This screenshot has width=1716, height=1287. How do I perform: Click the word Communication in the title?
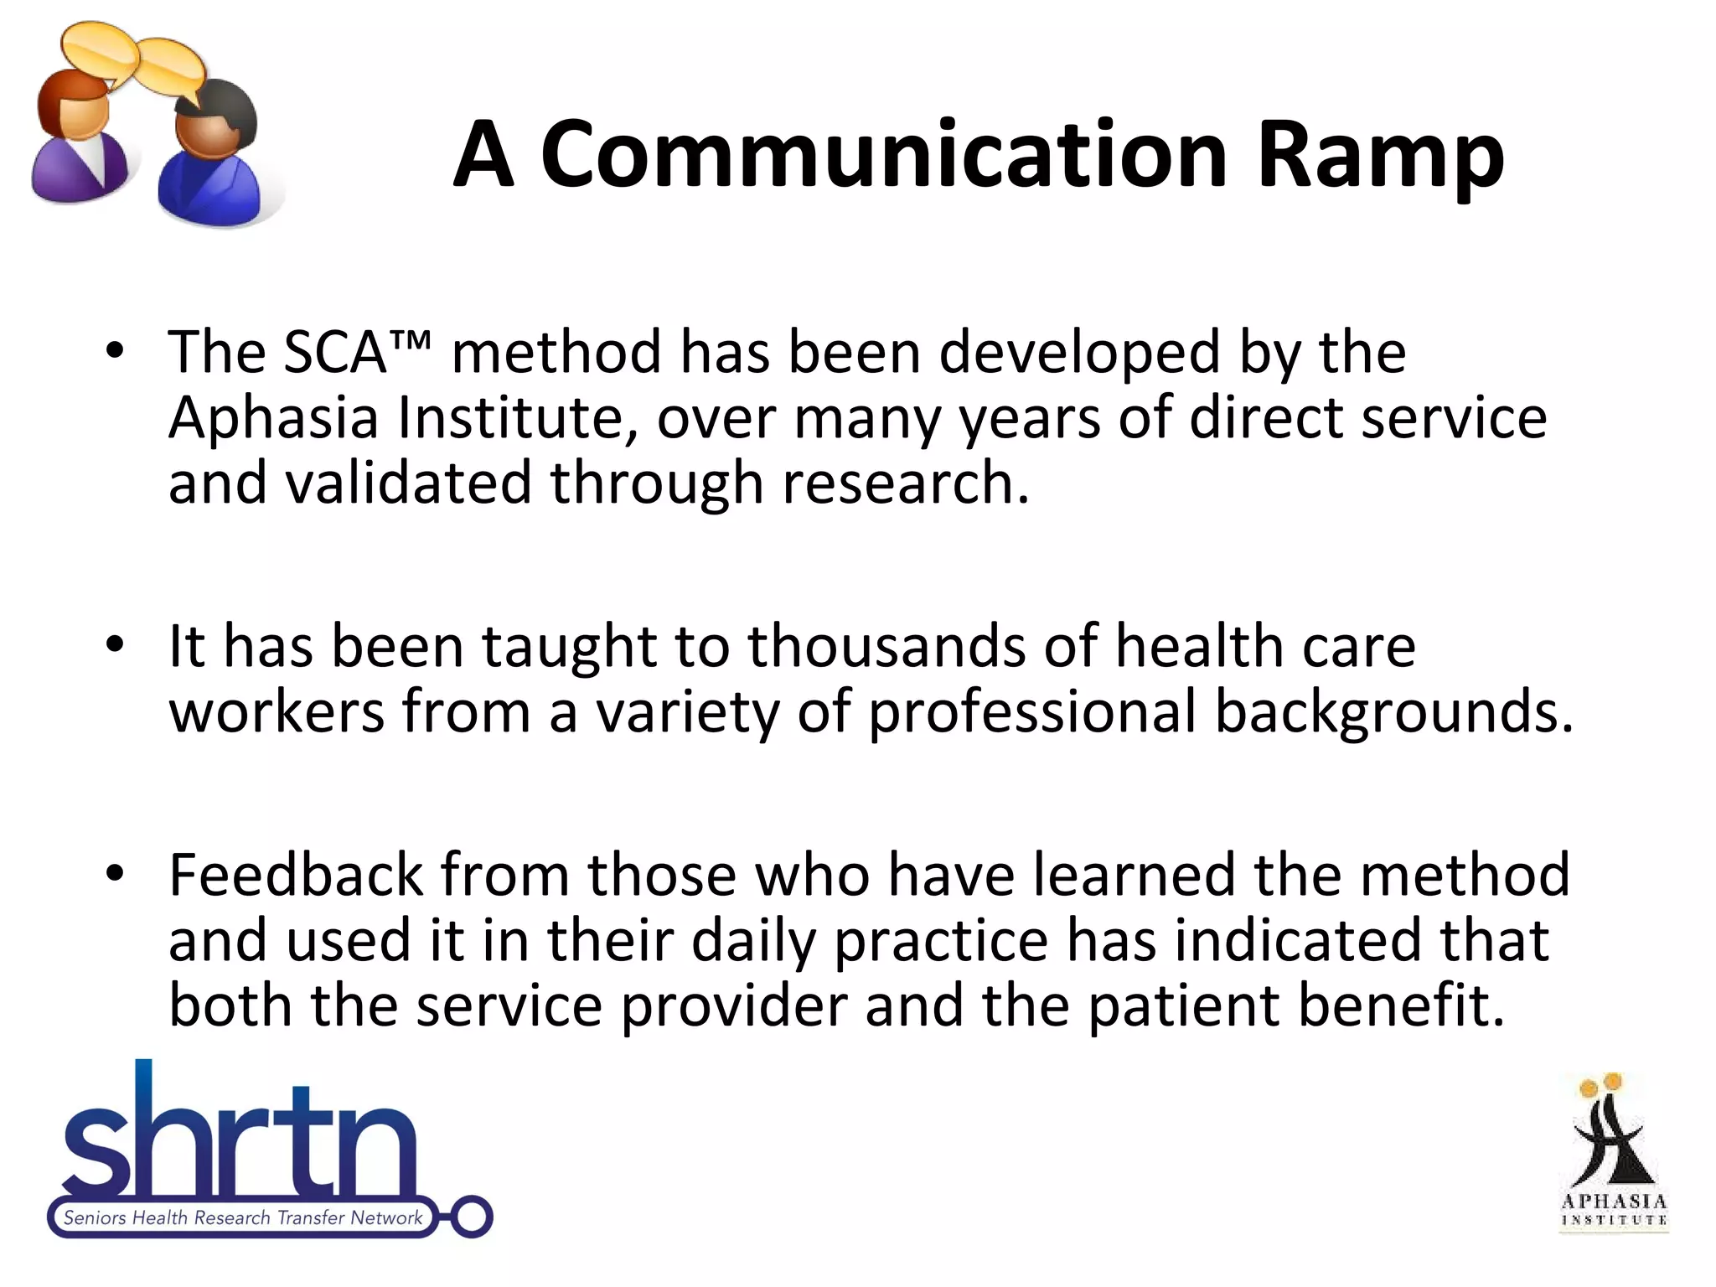884,155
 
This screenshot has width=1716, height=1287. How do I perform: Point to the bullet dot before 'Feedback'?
115,872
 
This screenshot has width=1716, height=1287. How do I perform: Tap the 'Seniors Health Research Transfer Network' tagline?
243,1217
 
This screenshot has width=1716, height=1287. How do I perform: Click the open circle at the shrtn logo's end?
472,1217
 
